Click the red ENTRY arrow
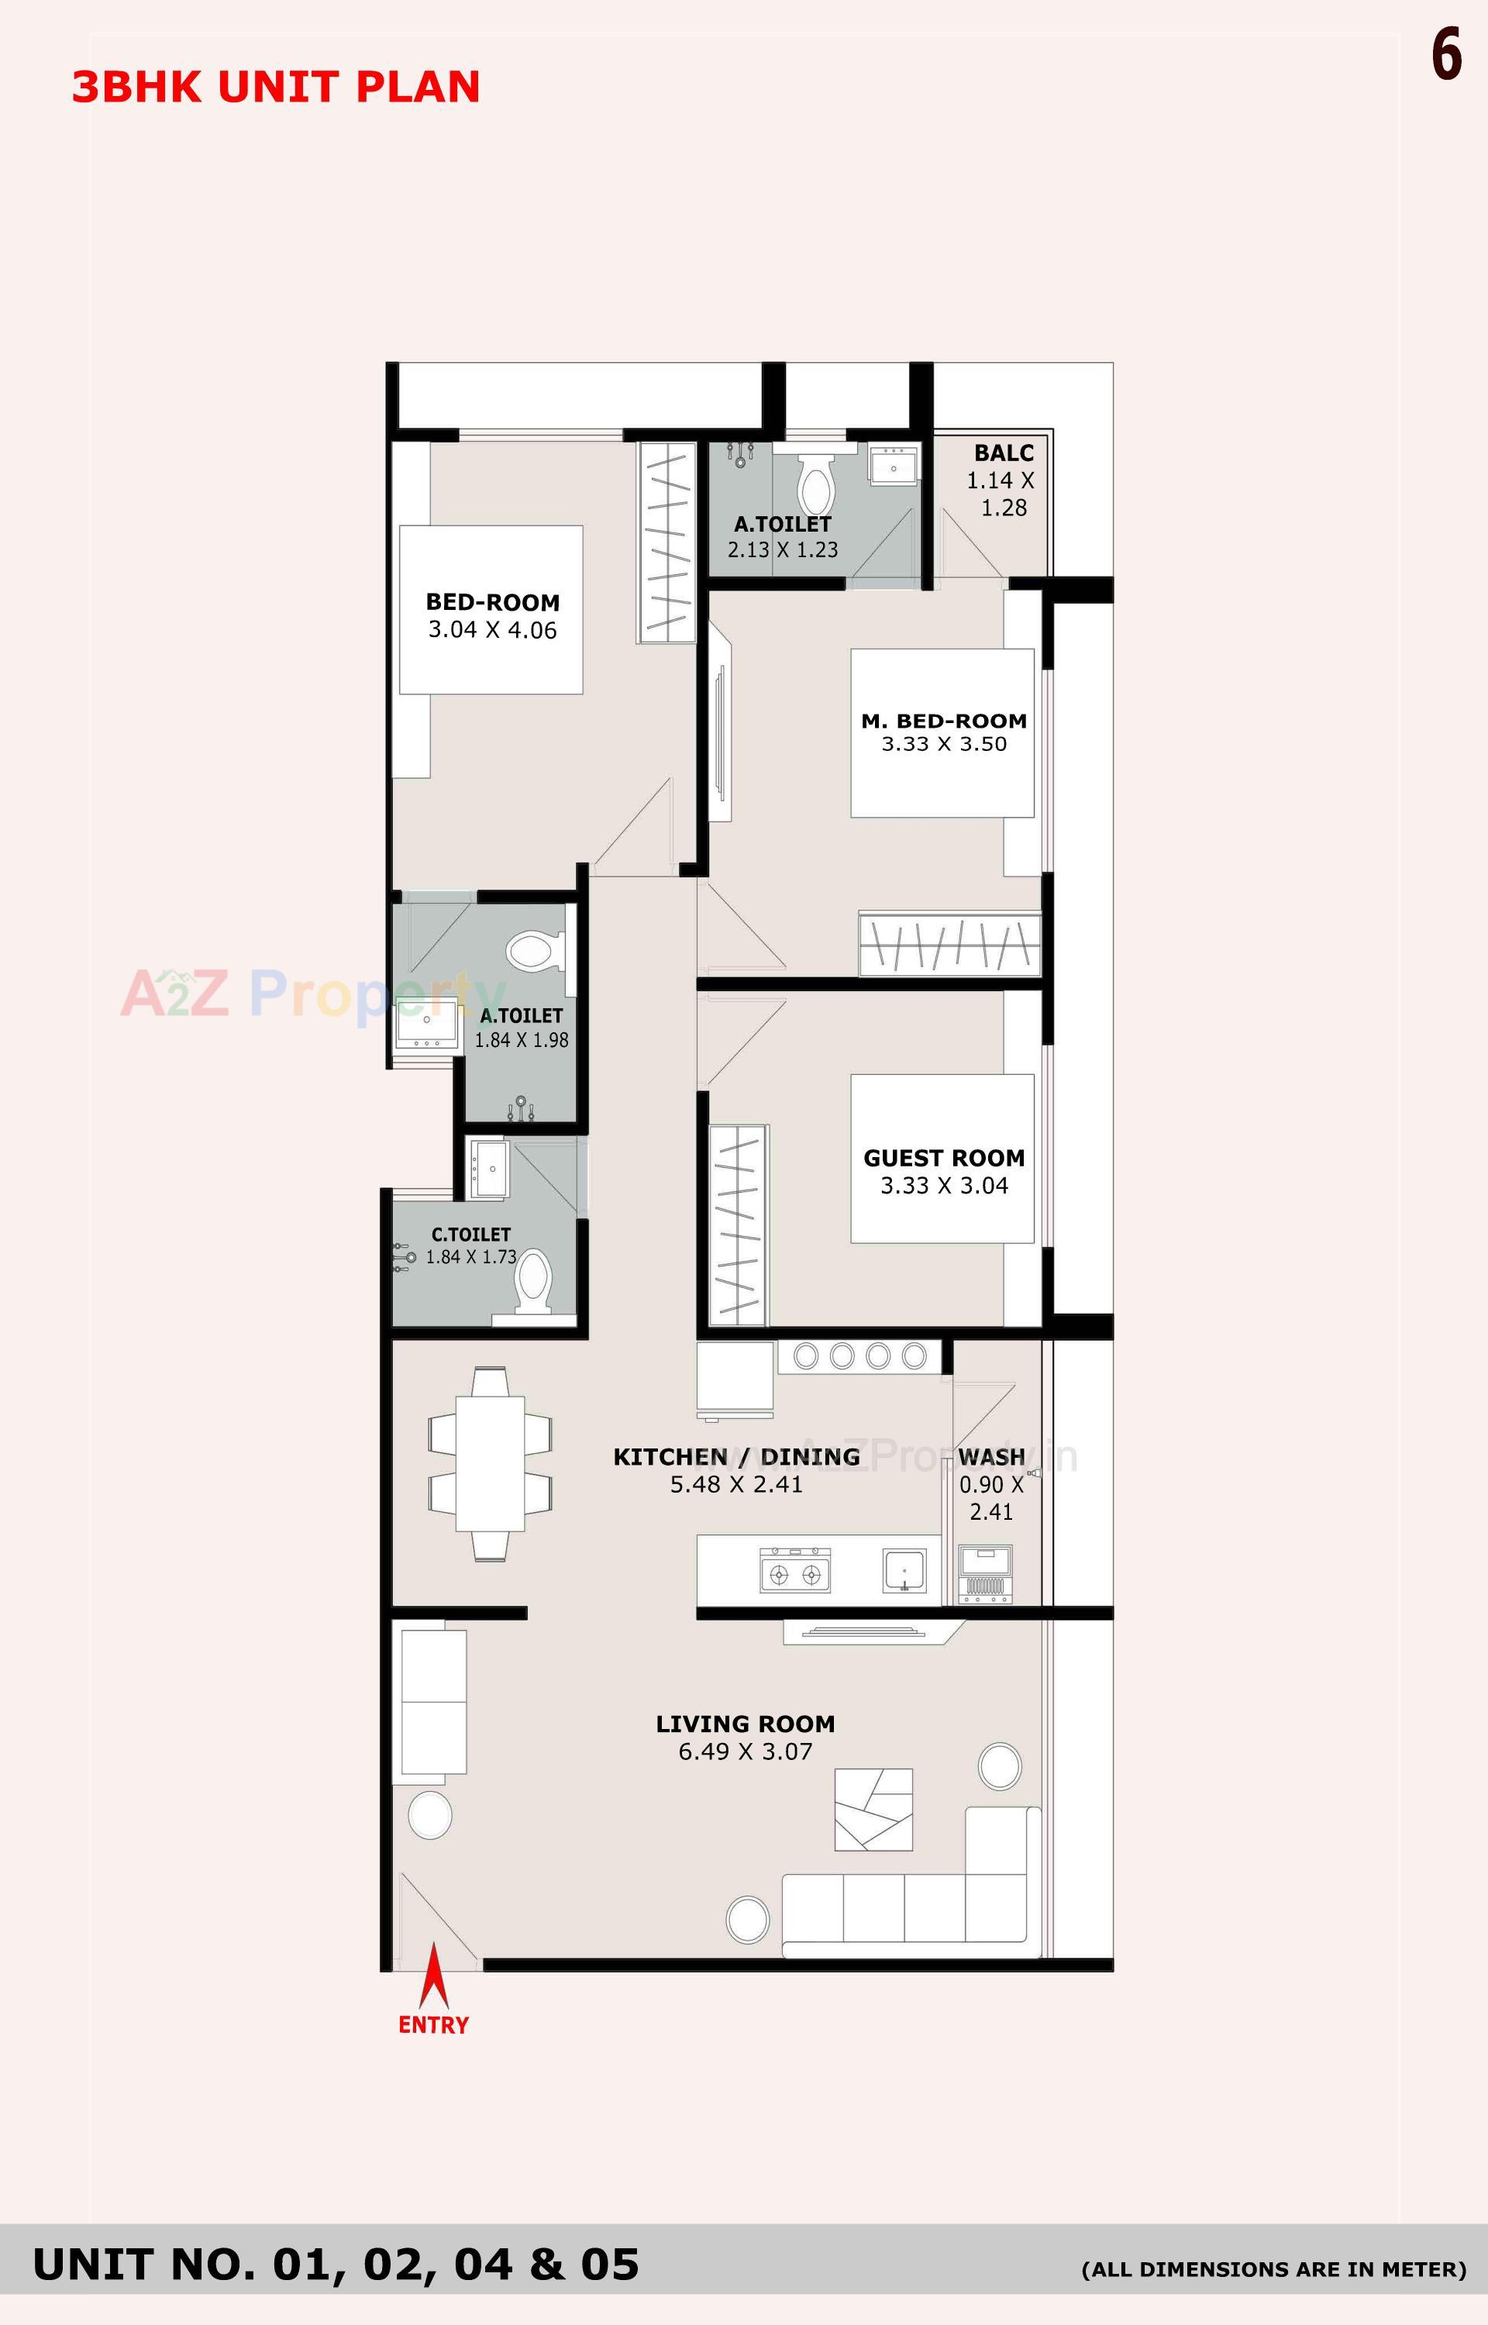[x=433, y=1975]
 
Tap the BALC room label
[x=1004, y=453]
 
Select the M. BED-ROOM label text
[x=943, y=721]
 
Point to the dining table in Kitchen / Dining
[x=490, y=1463]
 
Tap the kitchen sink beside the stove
[x=904, y=1571]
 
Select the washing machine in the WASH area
[x=986, y=1575]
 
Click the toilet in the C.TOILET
[x=533, y=1283]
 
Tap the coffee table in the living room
[x=873, y=1809]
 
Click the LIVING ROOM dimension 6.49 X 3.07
[x=745, y=1751]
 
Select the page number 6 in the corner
[x=1446, y=55]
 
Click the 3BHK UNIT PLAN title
[x=277, y=87]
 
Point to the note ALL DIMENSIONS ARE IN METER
[x=1273, y=2269]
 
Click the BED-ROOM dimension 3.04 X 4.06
[x=493, y=630]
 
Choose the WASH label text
[x=991, y=1457]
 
